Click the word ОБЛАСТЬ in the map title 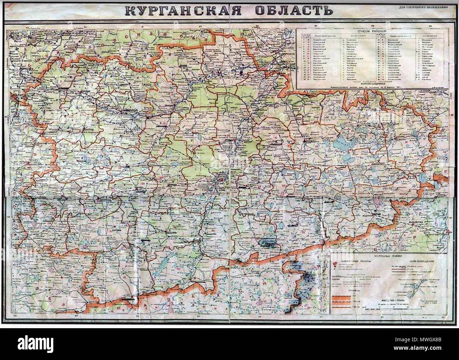(287, 10)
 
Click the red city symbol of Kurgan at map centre (221, 180)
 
